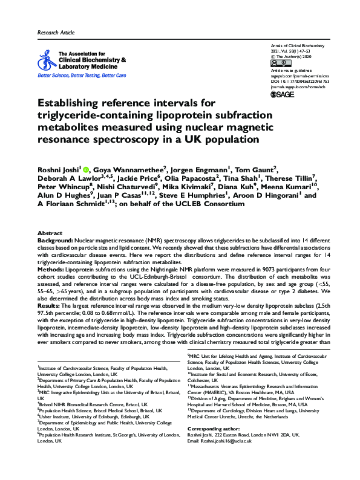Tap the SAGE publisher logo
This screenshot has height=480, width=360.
[282, 95]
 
